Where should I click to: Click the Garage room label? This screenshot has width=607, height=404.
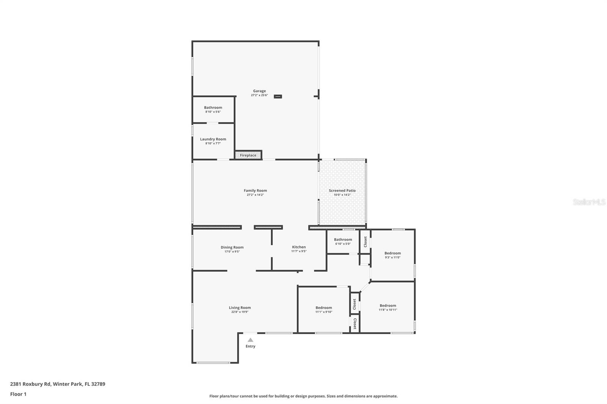(x=259, y=91)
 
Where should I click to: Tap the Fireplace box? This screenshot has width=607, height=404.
(x=248, y=155)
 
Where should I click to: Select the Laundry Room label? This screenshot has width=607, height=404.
(x=213, y=139)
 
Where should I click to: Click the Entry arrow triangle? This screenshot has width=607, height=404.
(x=250, y=340)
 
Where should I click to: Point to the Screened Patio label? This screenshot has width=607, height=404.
(x=342, y=191)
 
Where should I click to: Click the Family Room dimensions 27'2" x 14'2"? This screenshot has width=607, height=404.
(x=255, y=195)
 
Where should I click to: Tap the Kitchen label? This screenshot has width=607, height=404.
(x=299, y=247)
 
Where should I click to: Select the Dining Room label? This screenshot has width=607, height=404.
(x=232, y=247)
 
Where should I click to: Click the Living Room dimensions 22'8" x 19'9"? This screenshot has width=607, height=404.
(x=240, y=312)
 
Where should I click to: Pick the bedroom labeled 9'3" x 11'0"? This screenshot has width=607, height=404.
(x=393, y=253)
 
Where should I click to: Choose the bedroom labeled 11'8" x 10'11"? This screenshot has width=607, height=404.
(x=388, y=305)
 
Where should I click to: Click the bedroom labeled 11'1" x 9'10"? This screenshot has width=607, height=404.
(x=324, y=308)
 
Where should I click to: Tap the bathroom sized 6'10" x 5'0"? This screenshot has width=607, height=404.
(x=343, y=240)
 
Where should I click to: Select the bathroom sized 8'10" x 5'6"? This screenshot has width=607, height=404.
(x=213, y=108)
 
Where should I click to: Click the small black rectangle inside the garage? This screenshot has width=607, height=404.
(x=278, y=97)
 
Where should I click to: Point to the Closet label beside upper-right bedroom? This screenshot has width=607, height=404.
(x=365, y=242)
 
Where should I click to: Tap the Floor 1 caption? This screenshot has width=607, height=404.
(x=18, y=394)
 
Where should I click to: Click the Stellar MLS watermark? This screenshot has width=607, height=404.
(x=589, y=202)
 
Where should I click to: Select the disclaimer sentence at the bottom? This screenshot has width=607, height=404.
(x=303, y=396)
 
